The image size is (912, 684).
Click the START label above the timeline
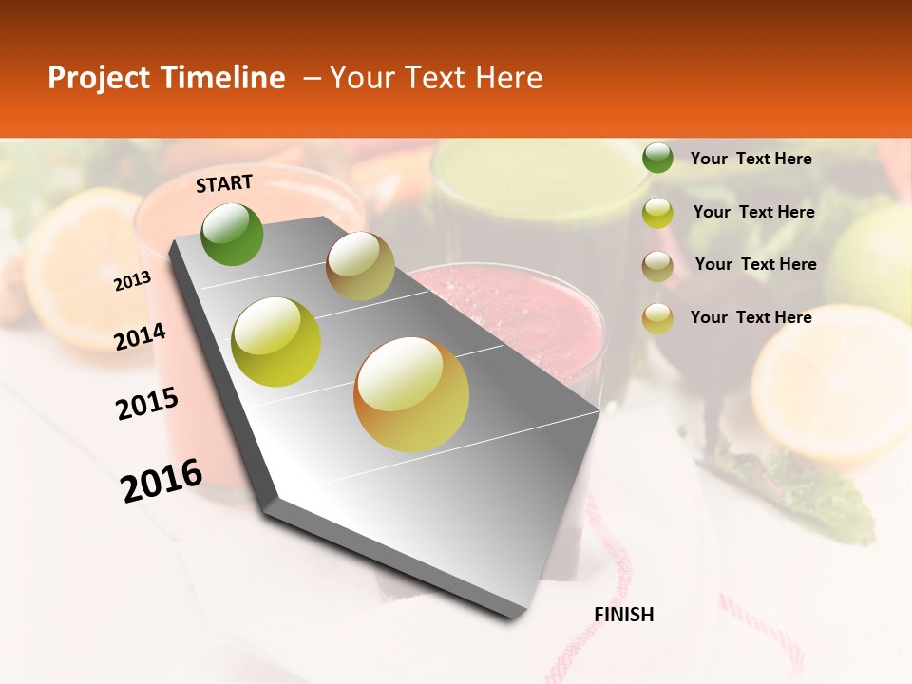click(224, 183)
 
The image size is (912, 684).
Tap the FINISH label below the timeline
click(623, 615)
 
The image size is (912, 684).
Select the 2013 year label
click(132, 281)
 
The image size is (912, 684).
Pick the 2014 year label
click(140, 336)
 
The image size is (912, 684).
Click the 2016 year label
click(161, 481)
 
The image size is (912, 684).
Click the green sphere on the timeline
click(232, 234)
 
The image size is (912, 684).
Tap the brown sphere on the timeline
click(360, 266)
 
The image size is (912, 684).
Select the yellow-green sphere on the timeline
click(276, 342)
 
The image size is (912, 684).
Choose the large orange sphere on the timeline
click(411, 394)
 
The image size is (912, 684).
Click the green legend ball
click(657, 158)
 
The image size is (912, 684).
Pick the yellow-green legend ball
click(657, 213)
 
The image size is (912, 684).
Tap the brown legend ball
click(657, 266)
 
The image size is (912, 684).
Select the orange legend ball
click(657, 318)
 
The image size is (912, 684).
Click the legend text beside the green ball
click(750, 159)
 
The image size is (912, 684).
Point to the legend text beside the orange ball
click(750, 317)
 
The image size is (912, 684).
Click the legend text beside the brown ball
click(755, 264)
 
